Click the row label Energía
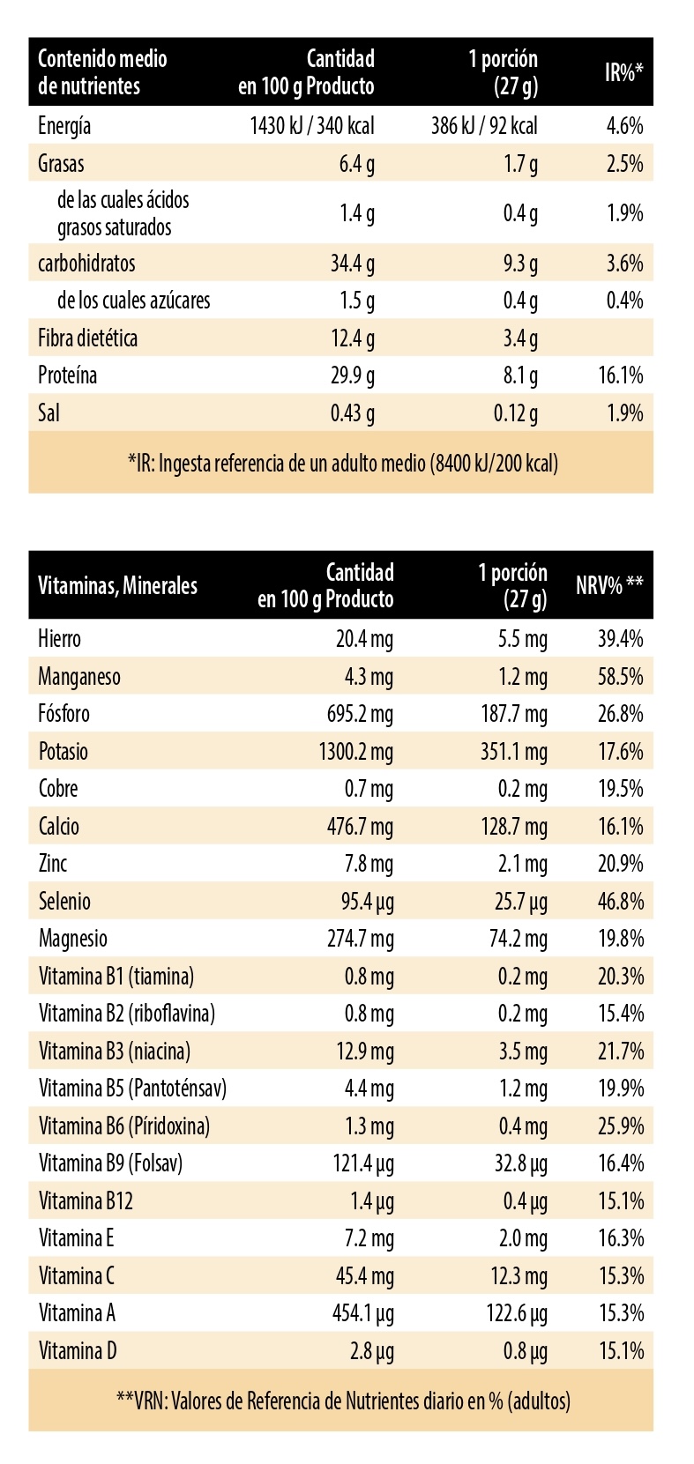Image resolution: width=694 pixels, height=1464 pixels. pyautogui.click(x=64, y=126)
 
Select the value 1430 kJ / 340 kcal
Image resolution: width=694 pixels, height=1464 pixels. pyautogui.click(x=312, y=126)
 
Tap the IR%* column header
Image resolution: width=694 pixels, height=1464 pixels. pyautogui.click(x=623, y=72)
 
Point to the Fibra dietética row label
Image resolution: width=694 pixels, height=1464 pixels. pyautogui.click(x=87, y=338)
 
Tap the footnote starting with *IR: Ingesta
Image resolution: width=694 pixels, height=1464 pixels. pyautogui.click(x=342, y=463)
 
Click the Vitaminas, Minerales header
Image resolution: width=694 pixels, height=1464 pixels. pyautogui.click(x=118, y=586)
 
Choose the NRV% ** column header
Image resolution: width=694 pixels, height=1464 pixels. pyautogui.click(x=609, y=586)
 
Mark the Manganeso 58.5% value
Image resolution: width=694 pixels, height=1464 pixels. pyautogui.click(x=620, y=677)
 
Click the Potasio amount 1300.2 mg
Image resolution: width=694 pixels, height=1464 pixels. pyautogui.click(x=355, y=752)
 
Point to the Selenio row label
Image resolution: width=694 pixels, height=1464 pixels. pyautogui.click(x=64, y=902)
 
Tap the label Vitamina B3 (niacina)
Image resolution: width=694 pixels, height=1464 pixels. pyautogui.click(x=115, y=1052)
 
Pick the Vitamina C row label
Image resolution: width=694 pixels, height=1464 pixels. pyautogui.click(x=77, y=1276)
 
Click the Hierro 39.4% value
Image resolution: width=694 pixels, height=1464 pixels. pyautogui.click(x=620, y=639)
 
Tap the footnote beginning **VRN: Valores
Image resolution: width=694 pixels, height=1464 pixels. pyautogui.click(x=342, y=1400)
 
